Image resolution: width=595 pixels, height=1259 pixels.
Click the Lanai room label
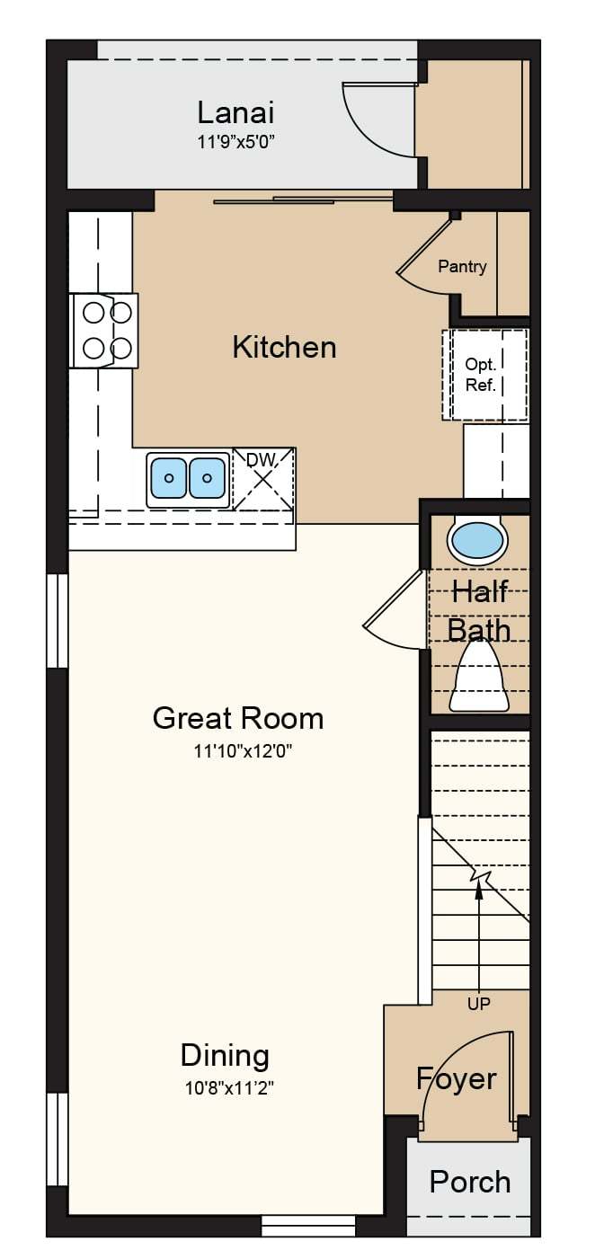235,112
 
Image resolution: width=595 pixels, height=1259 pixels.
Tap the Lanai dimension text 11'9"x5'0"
235,142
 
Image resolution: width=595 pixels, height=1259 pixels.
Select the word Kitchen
285,347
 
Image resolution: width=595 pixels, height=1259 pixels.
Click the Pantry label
462,266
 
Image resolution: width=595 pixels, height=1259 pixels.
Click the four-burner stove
104,331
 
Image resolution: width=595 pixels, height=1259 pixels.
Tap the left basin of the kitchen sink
169,478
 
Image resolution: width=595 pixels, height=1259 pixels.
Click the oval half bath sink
477,541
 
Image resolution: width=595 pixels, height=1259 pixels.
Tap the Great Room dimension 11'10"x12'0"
243,751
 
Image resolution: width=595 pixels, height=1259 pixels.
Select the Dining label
225,1056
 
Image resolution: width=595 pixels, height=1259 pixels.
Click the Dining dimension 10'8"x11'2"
229,1088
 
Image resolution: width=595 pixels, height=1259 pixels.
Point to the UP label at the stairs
478,1003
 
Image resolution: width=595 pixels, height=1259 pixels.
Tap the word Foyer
456,1079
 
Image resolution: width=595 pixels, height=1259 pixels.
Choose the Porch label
470,1182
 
